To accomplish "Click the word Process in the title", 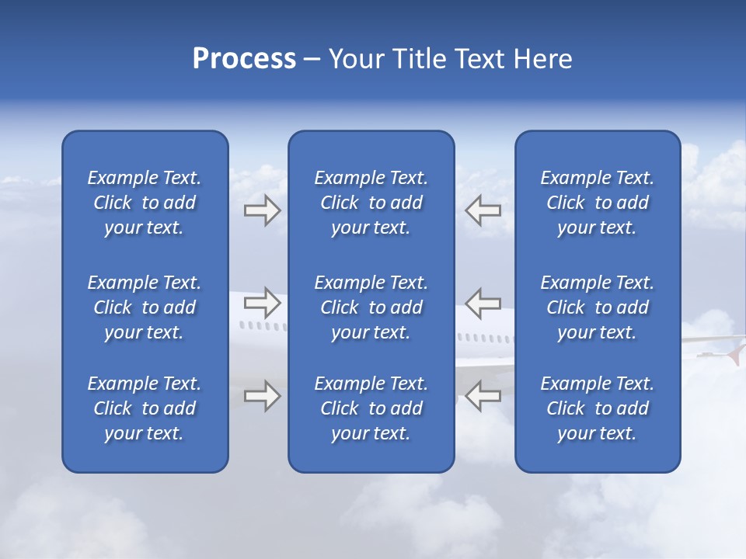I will coord(244,59).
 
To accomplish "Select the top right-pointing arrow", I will coord(262,210).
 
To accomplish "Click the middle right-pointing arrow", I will coord(262,302).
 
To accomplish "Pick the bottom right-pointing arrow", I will coord(262,395).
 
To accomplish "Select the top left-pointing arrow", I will coord(483,210).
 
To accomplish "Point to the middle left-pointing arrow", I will coord(483,302).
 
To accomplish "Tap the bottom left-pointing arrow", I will coord(483,395).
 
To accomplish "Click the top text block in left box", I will coord(145,203).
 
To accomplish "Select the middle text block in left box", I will coord(145,307).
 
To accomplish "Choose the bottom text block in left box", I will coord(145,408).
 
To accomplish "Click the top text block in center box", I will coord(371,203).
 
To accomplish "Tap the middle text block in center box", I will coord(371,307).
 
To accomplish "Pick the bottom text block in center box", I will coord(371,408).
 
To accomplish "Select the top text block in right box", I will coord(597,203).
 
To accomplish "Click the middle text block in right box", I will coord(597,307).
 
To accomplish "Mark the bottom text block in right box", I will coord(597,408).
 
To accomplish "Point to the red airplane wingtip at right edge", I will coord(734,352).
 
